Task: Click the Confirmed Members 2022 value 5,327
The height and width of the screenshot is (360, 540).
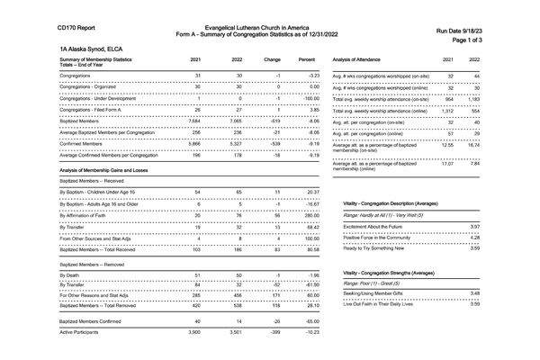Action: pyautogui.click(x=238, y=143)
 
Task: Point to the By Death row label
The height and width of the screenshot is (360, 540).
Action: pyautogui.click(x=71, y=274)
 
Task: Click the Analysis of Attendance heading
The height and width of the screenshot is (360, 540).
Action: pyautogui.click(x=365, y=59)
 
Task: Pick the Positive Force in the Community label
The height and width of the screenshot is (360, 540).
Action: pyautogui.click(x=382, y=238)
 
